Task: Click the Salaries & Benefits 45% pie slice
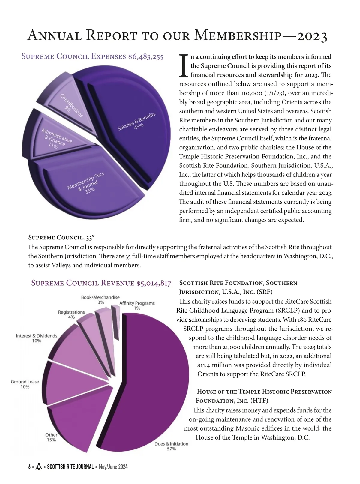pyautogui.click(x=132, y=126)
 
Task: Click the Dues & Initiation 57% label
pyautogui.click(x=171, y=446)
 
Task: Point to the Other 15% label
pyautogui.click(x=51, y=437)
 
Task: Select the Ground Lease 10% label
pyautogui.click(x=25, y=384)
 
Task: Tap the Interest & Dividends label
pyautogui.click(x=37, y=338)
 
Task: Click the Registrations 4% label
pyautogui.click(x=71, y=314)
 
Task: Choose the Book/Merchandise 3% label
pyautogui.click(x=100, y=300)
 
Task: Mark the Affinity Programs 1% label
pyautogui.click(x=137, y=305)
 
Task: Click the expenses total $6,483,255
pyautogui.click(x=146, y=56)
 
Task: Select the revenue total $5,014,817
pyautogui.click(x=154, y=283)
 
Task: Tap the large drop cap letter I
pyautogui.click(x=184, y=65)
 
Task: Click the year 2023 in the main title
pyautogui.click(x=312, y=36)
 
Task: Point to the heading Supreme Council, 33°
pyautogui.click(x=61, y=238)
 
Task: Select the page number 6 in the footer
pyautogui.click(x=29, y=467)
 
